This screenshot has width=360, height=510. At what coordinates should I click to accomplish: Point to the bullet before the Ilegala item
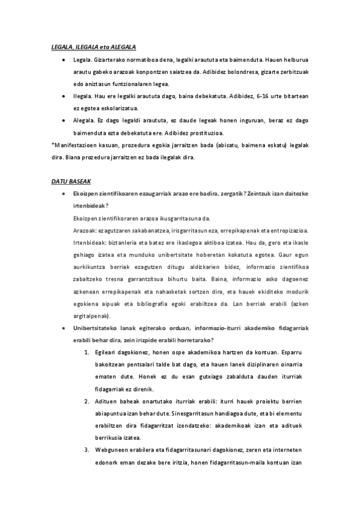click(64, 96)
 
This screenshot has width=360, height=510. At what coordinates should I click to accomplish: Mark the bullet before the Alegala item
click(64, 120)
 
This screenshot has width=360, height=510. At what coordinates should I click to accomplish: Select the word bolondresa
click(227, 72)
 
